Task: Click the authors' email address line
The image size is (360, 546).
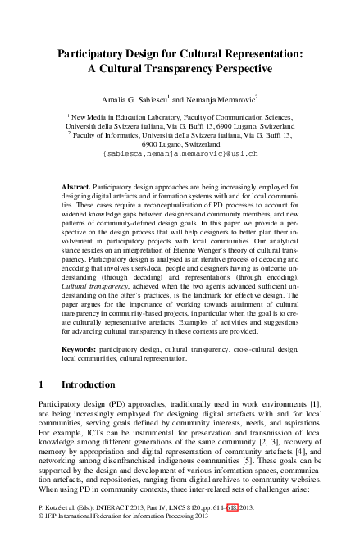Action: (x=180, y=153)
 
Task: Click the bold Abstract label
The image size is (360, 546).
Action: (x=77, y=188)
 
